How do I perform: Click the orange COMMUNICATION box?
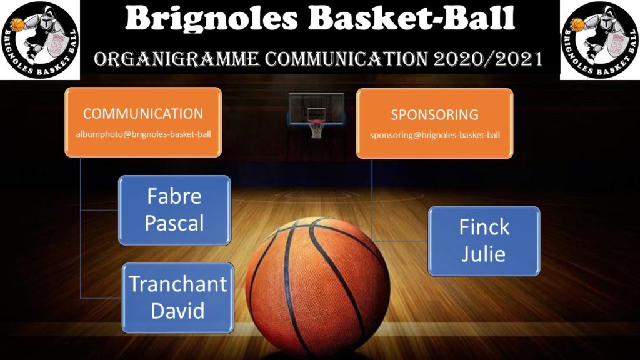coord(143,122)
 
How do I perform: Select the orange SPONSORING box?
coord(435,123)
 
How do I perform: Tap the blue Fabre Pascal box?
coord(175,210)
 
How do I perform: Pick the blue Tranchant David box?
coord(178,297)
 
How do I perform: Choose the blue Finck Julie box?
coord(484,241)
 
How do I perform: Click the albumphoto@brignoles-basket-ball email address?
coord(144,134)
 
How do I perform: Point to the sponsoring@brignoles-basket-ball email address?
coord(435,135)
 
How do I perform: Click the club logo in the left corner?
coord(40,39)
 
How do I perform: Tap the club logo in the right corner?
coord(600,39)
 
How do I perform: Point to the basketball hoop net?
coord(316,129)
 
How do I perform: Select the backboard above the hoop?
coord(316,107)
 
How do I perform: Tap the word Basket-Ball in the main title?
coord(411,18)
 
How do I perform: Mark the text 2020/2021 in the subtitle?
coord(488,59)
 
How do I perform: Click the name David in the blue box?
coord(177,311)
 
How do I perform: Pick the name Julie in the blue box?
coord(484,254)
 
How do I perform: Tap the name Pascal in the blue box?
coord(174,223)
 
